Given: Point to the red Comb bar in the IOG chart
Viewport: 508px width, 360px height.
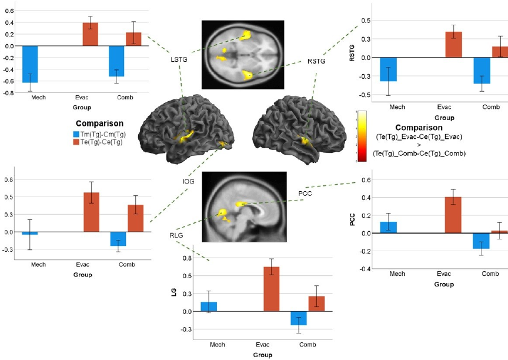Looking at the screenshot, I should [x=136, y=218].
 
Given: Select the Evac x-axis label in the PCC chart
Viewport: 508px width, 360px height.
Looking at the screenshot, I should [x=444, y=275].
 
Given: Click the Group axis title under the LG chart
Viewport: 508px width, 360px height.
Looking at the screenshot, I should [x=262, y=355].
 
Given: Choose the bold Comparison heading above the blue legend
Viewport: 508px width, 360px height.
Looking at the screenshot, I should [x=99, y=124].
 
